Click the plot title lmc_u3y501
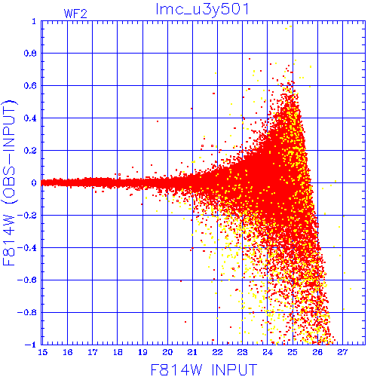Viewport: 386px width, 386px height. pyautogui.click(x=202, y=10)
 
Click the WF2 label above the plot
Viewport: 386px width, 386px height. pyautogui.click(x=75, y=14)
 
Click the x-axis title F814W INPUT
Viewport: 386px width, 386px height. pyautogui.click(x=204, y=369)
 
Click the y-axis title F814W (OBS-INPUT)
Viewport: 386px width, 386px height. pyautogui.click(x=9, y=182)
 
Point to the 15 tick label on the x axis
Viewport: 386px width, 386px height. pyautogui.click(x=43, y=352)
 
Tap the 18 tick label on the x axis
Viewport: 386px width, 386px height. pyautogui.click(x=118, y=352)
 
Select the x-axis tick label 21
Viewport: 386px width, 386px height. pyautogui.click(x=192, y=352)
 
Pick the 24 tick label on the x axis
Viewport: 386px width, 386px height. pyautogui.click(x=268, y=352)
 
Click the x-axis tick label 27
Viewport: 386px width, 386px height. pyautogui.click(x=342, y=352)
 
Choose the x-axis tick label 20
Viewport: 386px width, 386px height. pyautogui.click(x=167, y=352)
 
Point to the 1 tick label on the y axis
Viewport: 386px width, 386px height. pyautogui.click(x=34, y=21)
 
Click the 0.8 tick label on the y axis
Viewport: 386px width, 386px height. pyautogui.click(x=30, y=54)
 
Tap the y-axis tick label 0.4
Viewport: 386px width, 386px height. pyautogui.click(x=30, y=118)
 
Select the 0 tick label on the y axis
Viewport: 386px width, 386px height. pyautogui.click(x=34, y=183)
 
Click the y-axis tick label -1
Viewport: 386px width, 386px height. pyautogui.click(x=31, y=345)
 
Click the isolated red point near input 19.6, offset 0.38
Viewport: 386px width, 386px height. pyautogui.click(x=158, y=121)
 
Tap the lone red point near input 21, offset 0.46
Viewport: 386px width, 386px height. pyautogui.click(x=191, y=109)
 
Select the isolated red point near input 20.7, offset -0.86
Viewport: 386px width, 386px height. pyautogui.click(x=185, y=322)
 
